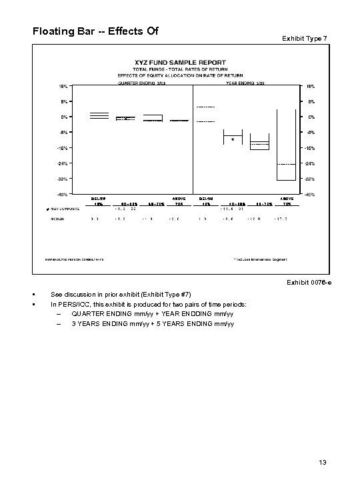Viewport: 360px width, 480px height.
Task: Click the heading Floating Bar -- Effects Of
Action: click(94, 31)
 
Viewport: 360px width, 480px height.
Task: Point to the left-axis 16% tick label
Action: click(61, 86)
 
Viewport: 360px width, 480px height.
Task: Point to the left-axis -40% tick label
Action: click(61, 195)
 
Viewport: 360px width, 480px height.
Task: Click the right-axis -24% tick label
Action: click(310, 163)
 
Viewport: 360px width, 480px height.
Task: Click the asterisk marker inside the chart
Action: click(232, 141)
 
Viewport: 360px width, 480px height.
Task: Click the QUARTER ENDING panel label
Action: click(137, 84)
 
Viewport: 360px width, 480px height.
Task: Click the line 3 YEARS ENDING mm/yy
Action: click(153, 324)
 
